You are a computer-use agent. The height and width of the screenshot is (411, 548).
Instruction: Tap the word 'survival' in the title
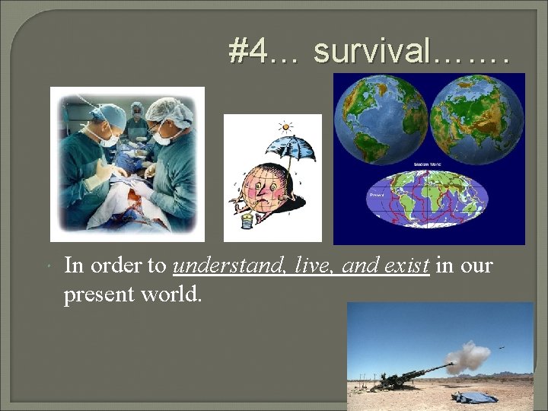coord(371,52)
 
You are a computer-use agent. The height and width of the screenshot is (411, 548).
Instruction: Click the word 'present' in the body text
coord(93,293)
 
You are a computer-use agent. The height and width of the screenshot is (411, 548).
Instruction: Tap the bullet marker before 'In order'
coord(48,266)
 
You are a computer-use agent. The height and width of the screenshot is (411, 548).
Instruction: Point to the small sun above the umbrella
coord(285,126)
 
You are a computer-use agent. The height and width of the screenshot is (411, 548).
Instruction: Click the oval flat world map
coord(428,200)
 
